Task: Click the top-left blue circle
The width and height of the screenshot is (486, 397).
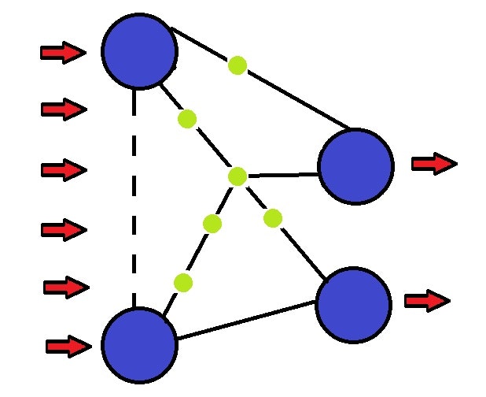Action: (139, 51)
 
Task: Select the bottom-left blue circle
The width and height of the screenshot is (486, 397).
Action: (139, 344)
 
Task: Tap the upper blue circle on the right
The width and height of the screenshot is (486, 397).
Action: (355, 166)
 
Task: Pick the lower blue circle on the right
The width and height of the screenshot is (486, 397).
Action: (354, 305)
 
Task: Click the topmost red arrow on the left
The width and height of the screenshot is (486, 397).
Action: (63, 53)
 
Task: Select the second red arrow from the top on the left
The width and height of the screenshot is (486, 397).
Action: (63, 109)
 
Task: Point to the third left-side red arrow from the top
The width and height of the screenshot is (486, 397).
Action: (63, 169)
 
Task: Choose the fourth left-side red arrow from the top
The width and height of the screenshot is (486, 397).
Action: (63, 230)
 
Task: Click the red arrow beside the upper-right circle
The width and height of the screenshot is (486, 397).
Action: (434, 163)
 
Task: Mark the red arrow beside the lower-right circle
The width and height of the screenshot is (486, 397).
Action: (427, 301)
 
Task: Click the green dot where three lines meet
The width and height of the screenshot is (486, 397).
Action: (237, 176)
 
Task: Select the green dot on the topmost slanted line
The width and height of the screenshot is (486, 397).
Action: (237, 65)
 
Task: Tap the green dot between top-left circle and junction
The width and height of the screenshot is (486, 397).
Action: (187, 119)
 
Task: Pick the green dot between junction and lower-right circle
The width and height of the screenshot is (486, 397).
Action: (273, 217)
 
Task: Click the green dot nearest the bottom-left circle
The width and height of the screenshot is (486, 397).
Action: (183, 282)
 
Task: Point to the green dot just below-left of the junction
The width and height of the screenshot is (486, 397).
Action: (212, 224)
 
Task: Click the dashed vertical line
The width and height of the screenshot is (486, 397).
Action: (136, 197)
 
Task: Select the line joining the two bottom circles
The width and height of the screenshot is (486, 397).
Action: (248, 324)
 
